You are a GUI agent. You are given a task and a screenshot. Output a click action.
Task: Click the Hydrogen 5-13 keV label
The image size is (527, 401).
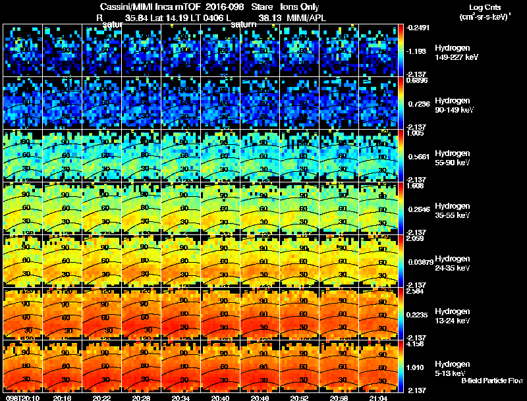click(x=453, y=367)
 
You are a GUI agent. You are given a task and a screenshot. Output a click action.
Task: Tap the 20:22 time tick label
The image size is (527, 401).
click(x=102, y=398)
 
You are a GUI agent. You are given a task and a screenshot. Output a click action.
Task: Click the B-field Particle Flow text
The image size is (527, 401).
click(x=492, y=381)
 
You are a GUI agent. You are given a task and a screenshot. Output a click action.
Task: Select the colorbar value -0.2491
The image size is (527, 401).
click(x=418, y=28)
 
